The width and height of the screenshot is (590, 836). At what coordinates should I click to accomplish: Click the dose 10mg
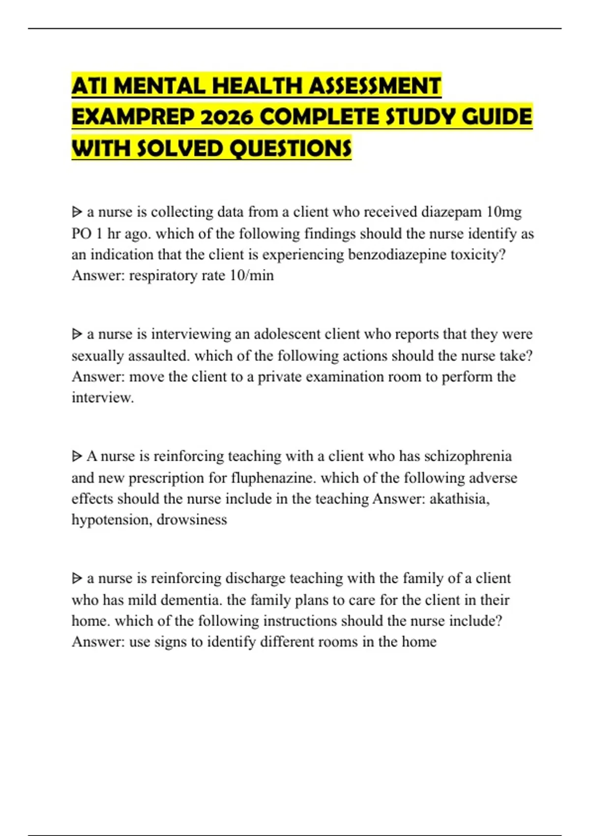point(504,212)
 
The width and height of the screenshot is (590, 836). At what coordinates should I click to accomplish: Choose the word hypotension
point(111,520)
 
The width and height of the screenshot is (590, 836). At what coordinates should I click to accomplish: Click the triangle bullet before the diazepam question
point(77,212)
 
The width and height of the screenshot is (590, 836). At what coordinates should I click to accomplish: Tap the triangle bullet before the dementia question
point(77,578)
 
